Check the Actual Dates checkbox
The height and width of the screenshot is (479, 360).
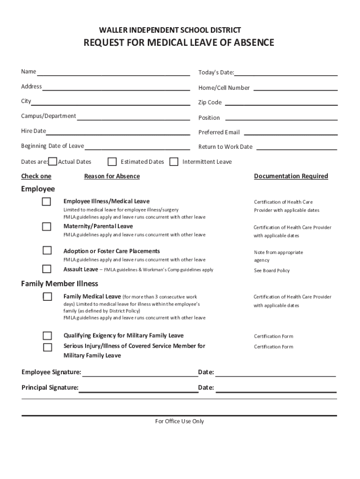[53, 162]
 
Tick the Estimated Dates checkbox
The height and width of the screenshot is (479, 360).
[112, 162]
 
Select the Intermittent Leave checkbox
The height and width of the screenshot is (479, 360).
[174, 162]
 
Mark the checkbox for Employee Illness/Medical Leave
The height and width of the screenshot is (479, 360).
[47, 202]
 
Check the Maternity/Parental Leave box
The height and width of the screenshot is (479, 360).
[47, 227]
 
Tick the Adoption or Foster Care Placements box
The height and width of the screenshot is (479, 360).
[47, 250]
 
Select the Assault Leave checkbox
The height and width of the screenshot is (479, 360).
[47, 269]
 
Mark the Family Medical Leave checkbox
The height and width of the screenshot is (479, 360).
[47, 297]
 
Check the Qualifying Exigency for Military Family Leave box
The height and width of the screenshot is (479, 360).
[47, 336]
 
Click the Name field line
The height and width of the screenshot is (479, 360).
[113, 74]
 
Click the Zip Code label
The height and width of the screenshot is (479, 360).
[210, 102]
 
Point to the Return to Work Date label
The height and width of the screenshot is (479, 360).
[225, 147]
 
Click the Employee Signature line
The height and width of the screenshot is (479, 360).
[140, 375]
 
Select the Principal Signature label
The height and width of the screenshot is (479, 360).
[50, 387]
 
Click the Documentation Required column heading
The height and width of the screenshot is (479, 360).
[291, 176]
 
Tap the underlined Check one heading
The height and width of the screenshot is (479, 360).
[36, 176]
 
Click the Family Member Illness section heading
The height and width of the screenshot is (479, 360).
[60, 283]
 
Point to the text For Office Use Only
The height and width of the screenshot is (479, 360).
[180, 421]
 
